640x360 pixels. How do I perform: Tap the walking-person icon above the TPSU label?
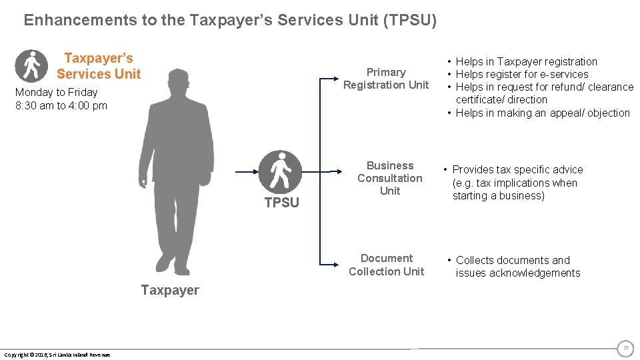[280, 172]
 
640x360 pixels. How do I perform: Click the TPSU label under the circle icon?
[282, 203]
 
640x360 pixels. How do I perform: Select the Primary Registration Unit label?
[386, 79]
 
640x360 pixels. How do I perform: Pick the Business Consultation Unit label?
[390, 178]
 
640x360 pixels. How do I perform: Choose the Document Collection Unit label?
[386, 265]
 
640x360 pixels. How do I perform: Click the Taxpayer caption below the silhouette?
[170, 290]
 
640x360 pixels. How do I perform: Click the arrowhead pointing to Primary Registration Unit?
[336, 79]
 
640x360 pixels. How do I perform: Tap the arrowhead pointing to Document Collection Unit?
[336, 265]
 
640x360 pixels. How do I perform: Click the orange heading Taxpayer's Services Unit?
[99, 66]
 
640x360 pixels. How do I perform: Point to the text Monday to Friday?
[56, 92]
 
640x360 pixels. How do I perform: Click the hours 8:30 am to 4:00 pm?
[61, 105]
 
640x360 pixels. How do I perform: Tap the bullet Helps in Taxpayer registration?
[526, 61]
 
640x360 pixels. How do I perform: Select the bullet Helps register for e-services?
[521, 74]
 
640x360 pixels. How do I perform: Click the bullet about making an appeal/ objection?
[542, 113]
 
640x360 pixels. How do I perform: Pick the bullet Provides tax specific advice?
[517, 169]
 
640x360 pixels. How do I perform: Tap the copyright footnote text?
[57, 354]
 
